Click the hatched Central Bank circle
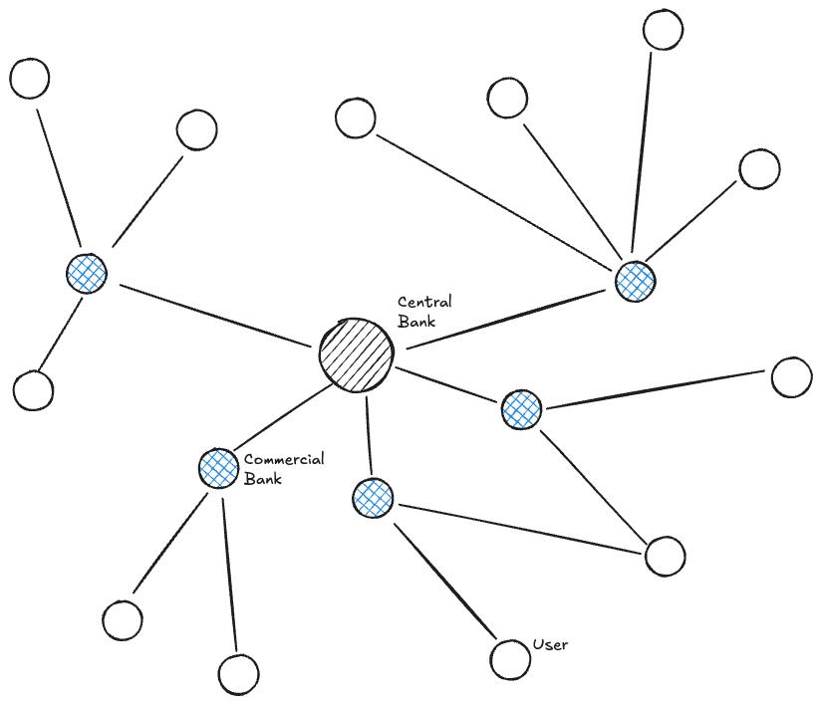coord(357,354)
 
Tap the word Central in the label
coord(424,302)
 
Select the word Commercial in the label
coord(284,460)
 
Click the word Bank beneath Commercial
coord(263,479)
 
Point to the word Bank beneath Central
coord(416,321)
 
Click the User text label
coord(550,645)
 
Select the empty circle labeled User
coord(510,658)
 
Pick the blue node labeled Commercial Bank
coord(218,468)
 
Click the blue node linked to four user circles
coord(635,282)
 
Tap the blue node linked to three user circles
coord(87,272)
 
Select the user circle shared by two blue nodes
coord(665,556)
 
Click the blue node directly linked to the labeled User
coord(373,498)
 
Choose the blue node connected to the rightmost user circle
coord(521,409)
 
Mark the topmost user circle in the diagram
coord(663,30)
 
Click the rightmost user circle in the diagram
coord(792,377)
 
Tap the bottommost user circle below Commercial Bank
coord(238,674)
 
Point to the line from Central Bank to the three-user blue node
coord(214,318)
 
